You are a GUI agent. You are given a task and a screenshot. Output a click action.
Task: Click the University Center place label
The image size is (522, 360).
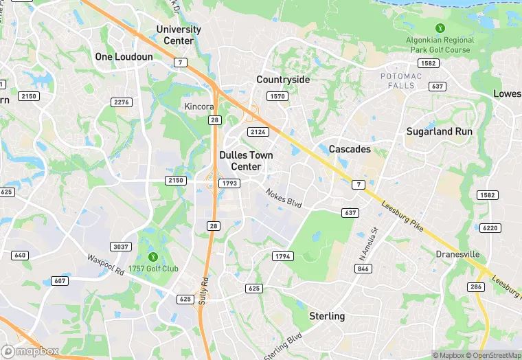[x=179, y=35]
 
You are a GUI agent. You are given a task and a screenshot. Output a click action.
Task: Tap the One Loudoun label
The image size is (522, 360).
[x=124, y=56]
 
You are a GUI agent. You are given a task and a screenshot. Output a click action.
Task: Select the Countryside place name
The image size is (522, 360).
[x=283, y=80]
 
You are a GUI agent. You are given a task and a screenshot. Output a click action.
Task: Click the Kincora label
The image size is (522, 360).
[x=199, y=106]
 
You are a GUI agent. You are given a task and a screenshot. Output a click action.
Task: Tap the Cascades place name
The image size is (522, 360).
[x=350, y=149]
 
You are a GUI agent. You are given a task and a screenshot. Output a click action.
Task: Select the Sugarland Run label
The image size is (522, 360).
[x=439, y=131]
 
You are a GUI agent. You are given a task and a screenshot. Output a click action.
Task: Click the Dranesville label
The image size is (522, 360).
[x=458, y=254]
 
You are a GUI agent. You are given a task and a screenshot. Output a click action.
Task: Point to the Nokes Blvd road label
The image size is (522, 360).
[x=284, y=198]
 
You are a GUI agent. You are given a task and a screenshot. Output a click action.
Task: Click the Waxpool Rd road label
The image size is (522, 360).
[x=106, y=266]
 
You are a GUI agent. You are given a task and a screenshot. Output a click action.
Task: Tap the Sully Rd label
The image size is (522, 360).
[x=204, y=292]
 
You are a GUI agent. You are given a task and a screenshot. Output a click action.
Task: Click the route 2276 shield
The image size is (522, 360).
[x=121, y=102]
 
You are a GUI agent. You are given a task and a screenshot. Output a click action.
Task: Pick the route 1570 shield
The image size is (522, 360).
[x=277, y=97]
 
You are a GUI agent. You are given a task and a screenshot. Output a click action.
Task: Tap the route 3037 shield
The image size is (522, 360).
[x=121, y=247]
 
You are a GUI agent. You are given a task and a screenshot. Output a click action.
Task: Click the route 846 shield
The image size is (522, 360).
[x=363, y=269]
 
